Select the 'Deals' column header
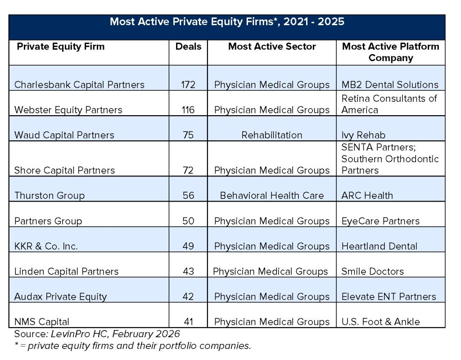coord(188,46)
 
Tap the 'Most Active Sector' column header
coord(272,46)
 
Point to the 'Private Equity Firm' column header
coord(60,46)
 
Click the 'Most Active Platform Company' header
coord(390,52)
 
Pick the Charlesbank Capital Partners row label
coord(79,85)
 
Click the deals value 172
coord(188,85)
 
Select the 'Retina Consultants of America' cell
coord(389,104)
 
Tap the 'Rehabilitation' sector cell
coord(272,135)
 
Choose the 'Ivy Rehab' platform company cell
coord(363,135)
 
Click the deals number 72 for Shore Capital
coord(188,170)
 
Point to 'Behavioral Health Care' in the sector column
coord(272,195)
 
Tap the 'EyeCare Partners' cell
coord(380,221)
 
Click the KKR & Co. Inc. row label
coord(46,246)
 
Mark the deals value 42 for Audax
coord(188,297)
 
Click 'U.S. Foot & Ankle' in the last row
coord(380,322)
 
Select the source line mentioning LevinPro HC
coord(97,334)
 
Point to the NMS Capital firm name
coord(42,322)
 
